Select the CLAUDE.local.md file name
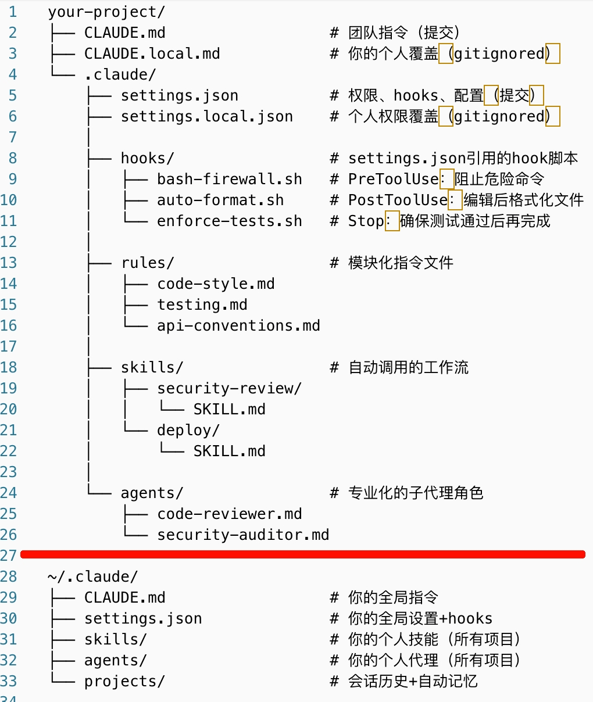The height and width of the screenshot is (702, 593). [152, 53]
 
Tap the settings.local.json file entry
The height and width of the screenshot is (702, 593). [206, 116]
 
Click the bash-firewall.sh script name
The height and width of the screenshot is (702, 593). [229, 179]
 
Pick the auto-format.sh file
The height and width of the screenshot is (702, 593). [220, 200]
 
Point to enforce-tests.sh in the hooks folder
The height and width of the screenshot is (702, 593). [229, 221]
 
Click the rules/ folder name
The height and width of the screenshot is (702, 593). [147, 263]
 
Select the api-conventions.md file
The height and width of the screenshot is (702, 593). [238, 325]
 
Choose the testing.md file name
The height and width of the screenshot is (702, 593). [202, 305]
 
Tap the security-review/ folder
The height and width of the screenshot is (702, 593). [229, 388]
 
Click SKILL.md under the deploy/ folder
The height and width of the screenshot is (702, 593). [229, 451]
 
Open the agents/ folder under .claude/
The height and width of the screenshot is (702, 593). [152, 493]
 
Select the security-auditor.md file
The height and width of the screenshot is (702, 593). [243, 535]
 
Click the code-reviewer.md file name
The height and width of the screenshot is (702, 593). [229, 514]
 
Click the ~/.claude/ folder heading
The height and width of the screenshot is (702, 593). [93, 576]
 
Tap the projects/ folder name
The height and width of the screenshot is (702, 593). [124, 681]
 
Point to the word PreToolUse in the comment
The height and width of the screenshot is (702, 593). [393, 179]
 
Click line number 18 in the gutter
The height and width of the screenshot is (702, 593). [9, 367]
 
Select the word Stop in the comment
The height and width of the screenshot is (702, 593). [366, 221]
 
